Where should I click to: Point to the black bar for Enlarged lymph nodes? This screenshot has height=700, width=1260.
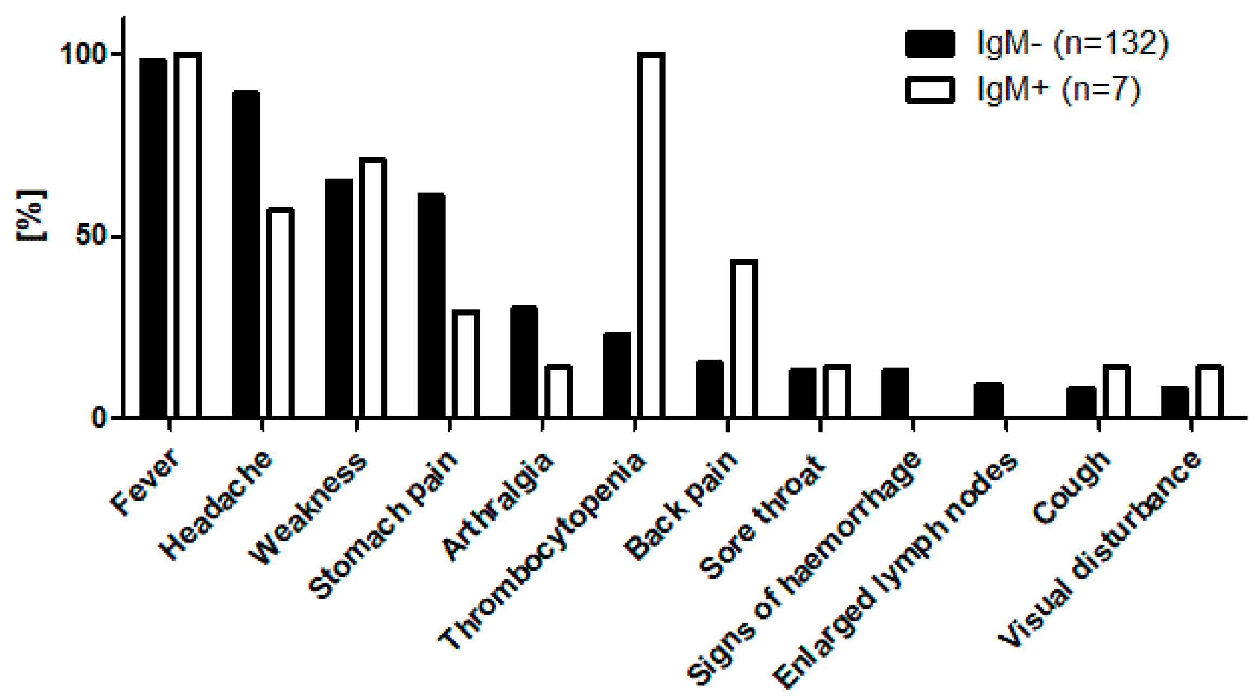click(x=988, y=400)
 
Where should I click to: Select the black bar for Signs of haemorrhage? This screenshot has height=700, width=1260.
click(x=895, y=393)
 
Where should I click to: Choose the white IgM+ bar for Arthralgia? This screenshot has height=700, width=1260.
click(x=558, y=391)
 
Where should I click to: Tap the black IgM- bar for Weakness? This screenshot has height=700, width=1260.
click(x=339, y=298)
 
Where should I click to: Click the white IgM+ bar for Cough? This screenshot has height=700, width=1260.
click(x=1116, y=391)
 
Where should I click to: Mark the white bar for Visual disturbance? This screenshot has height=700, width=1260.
click(x=1209, y=391)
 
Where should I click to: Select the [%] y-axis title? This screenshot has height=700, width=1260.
click(x=32, y=215)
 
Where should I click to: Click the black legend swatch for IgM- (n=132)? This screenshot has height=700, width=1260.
click(x=930, y=43)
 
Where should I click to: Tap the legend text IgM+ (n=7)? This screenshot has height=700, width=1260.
click(x=1058, y=89)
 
